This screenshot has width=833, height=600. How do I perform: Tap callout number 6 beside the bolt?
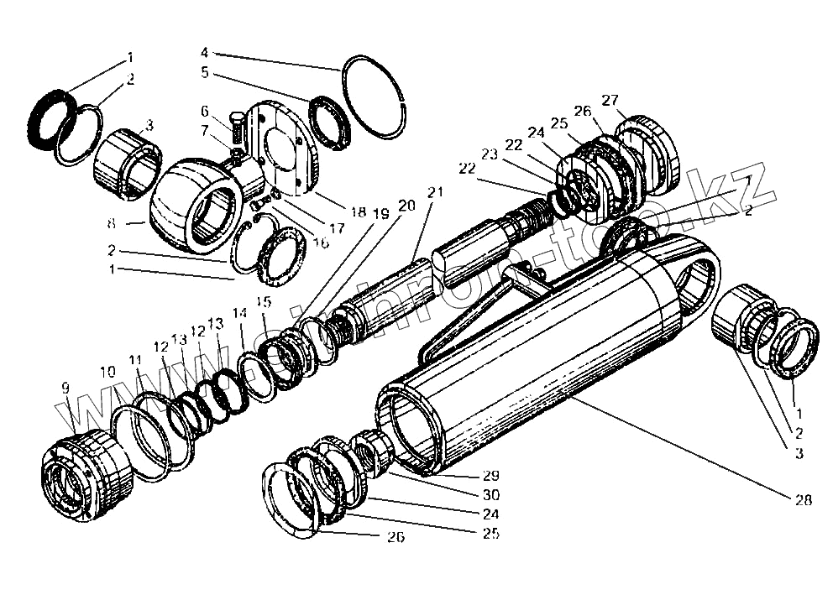coord(205,112)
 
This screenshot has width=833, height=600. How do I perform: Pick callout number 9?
coord(65,389)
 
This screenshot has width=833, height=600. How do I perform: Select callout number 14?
coord(241,313)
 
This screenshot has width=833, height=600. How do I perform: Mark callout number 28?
coord(803,501)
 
